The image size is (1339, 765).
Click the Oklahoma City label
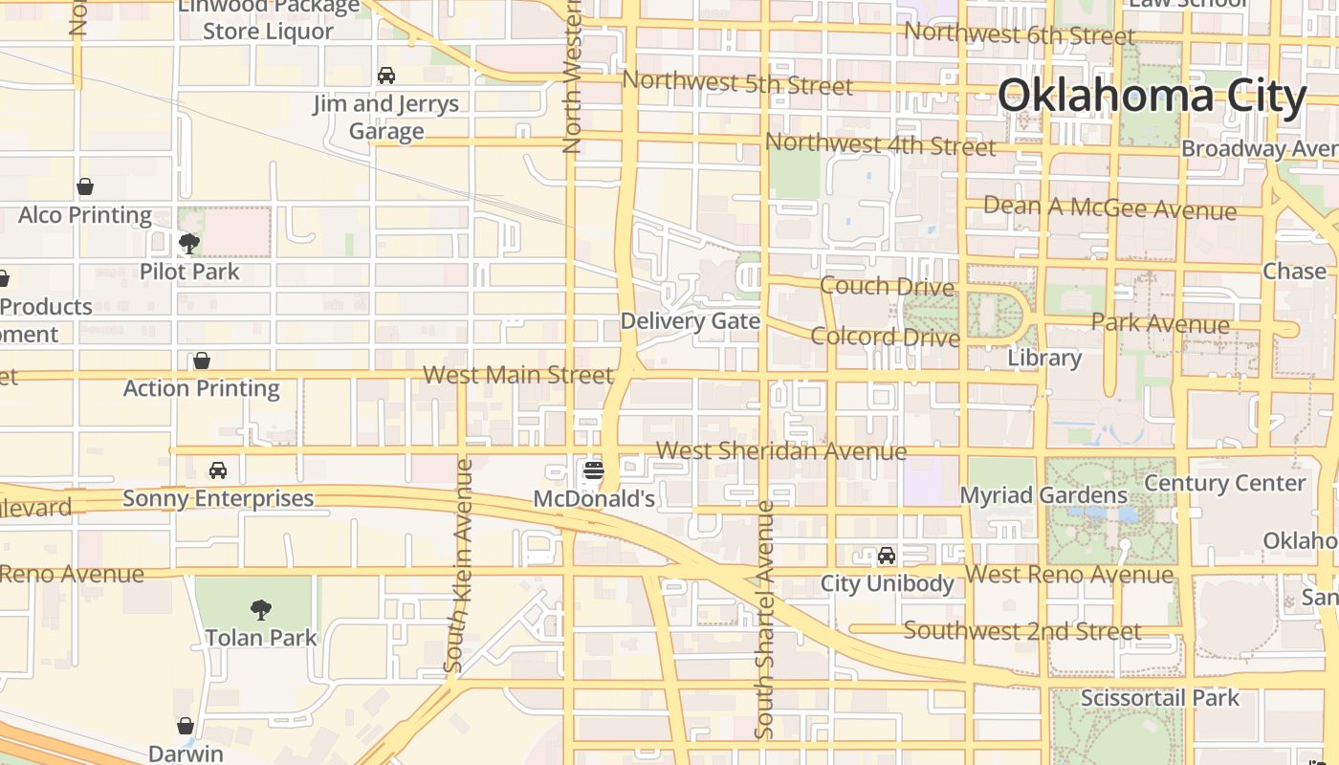1152,97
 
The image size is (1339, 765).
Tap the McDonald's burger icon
594,470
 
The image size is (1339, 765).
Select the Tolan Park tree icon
260,609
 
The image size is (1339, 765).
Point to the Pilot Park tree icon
189,243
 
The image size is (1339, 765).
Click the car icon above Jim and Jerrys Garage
386,76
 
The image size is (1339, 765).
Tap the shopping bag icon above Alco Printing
85,186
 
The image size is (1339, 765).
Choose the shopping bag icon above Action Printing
202,361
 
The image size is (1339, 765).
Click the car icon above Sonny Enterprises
218,470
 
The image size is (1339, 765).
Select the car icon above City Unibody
887,556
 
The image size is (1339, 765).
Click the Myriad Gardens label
1043,495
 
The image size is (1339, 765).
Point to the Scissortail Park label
1159,698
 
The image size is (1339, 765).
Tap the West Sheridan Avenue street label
781,450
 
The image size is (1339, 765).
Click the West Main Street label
517,375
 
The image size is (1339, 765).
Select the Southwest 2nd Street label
1022,631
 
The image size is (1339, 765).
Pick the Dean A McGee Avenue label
1109,208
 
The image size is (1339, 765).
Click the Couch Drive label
888,286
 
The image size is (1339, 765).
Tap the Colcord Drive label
885,337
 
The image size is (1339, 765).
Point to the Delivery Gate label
691,321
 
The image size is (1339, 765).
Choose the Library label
1044,359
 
